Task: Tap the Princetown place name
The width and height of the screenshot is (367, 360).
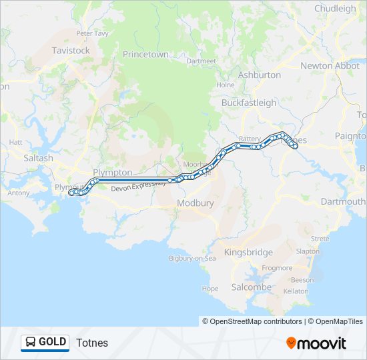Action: tap(145, 54)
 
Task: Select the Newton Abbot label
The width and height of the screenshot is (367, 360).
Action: tap(330, 65)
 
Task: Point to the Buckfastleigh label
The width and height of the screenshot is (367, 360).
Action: tap(249, 103)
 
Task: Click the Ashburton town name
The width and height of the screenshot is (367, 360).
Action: tap(259, 75)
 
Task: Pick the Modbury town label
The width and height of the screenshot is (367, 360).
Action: tap(195, 203)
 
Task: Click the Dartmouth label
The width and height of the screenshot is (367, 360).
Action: tap(342, 201)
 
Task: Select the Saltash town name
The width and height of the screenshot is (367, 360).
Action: tap(38, 158)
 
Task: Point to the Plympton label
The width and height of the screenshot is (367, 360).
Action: tap(113, 172)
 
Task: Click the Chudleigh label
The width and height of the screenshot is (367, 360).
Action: tap(335, 9)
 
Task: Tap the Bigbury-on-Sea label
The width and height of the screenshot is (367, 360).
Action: tap(192, 258)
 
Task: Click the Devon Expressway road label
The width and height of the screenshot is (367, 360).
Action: tap(138, 186)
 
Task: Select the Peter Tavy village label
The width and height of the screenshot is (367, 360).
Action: tap(92, 33)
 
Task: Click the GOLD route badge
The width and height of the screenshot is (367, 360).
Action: tap(45, 343)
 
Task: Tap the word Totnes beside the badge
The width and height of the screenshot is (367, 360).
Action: tap(92, 343)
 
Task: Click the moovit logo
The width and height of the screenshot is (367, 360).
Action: tap(316, 343)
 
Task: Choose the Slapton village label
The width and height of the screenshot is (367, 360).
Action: tap(307, 251)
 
